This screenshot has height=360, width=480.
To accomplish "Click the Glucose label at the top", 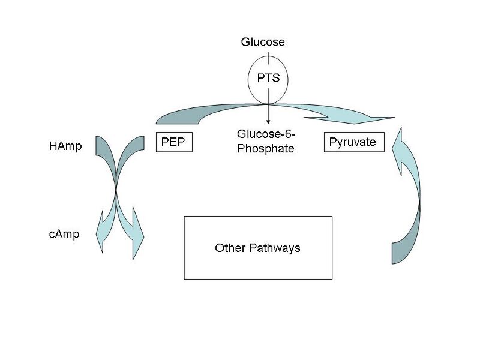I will [x=262, y=42].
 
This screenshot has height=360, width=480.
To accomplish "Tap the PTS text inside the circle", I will [x=268, y=78].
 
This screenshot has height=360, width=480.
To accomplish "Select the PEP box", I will [x=173, y=143].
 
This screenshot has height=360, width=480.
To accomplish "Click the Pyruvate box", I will [x=353, y=142].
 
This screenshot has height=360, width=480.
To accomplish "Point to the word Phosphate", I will [x=266, y=149].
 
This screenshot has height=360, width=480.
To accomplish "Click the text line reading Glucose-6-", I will [x=266, y=136].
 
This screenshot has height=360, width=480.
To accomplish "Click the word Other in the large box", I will [x=228, y=248].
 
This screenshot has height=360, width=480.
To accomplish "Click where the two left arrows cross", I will [x=115, y=191].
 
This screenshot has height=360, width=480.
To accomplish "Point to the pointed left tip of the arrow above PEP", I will [x=157, y=118].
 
